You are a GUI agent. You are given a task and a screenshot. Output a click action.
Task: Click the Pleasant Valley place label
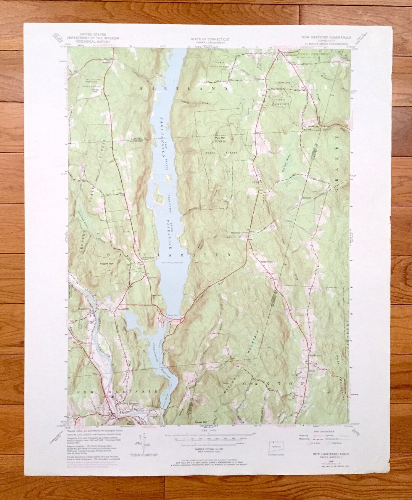[83, 309]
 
